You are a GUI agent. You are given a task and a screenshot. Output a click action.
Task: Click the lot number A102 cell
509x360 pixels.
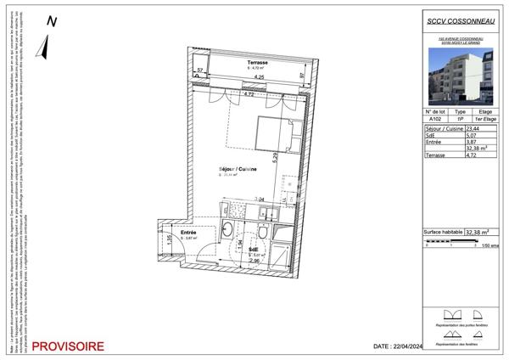436,120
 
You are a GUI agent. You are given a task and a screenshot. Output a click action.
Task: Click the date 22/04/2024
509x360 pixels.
399,346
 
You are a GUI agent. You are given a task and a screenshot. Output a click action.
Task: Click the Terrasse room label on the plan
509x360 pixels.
258,63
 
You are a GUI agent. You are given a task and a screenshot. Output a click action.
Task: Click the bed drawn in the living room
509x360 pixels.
277,132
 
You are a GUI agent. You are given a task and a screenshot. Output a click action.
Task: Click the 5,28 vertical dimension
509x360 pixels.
299,156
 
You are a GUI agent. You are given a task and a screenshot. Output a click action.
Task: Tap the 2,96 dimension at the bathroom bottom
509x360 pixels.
255,262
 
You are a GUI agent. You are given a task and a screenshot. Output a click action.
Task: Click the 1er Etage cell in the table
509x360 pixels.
485,120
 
